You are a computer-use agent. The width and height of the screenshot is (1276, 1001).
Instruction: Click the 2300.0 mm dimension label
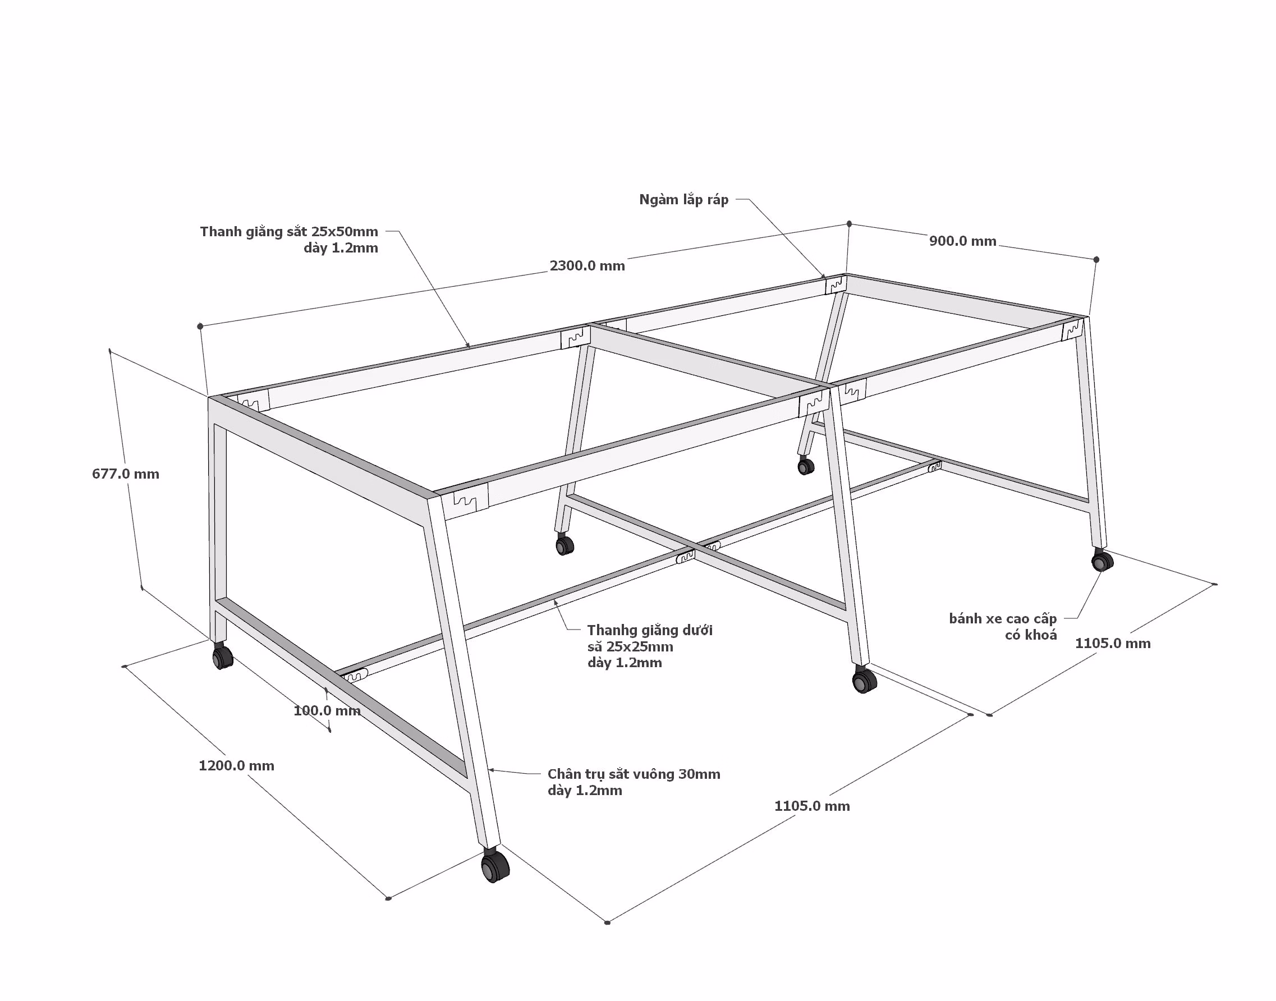(587, 265)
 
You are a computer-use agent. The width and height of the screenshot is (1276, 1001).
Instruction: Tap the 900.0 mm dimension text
(962, 241)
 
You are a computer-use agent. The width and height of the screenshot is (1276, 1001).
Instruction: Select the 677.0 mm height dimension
(126, 474)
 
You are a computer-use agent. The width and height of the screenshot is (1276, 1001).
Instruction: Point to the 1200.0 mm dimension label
(236, 765)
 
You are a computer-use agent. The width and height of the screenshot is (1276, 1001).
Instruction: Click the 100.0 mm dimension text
(327, 710)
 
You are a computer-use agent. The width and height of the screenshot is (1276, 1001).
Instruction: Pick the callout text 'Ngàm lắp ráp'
(683, 200)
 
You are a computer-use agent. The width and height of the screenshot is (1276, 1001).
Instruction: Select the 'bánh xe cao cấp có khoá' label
(1003, 627)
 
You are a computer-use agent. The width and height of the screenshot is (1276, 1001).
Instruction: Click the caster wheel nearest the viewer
(495, 866)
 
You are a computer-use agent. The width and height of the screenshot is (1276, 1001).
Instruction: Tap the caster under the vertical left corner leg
(222, 656)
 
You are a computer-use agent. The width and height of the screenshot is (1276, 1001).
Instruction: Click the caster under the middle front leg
(864, 680)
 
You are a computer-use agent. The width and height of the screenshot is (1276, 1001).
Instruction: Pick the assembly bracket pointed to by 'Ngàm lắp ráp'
(836, 285)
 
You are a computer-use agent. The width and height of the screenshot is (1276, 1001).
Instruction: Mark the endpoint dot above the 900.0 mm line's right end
(1096, 260)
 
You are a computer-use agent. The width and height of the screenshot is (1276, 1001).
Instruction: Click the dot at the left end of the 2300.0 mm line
(200, 326)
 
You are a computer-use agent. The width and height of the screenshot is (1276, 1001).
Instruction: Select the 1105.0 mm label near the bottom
(812, 806)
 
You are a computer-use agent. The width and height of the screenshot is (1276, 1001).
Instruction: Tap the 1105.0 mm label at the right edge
(1113, 644)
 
